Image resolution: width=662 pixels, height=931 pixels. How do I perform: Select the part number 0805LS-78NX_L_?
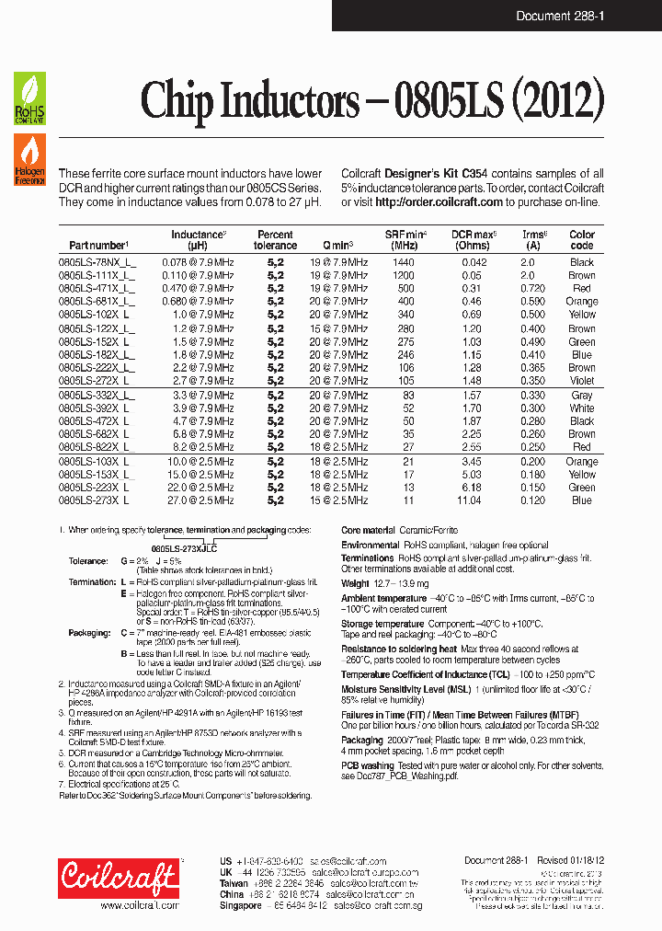click(x=97, y=262)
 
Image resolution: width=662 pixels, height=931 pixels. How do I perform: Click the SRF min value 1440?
click(x=404, y=262)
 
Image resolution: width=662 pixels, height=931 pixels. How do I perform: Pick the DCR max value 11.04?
click(x=469, y=500)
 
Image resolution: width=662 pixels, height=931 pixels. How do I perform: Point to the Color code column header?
click(x=581, y=240)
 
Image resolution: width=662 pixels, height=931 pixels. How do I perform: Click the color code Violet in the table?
click(x=581, y=381)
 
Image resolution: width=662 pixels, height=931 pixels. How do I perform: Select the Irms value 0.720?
click(x=532, y=288)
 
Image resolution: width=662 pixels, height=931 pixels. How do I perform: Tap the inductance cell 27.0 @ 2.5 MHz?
click(x=197, y=500)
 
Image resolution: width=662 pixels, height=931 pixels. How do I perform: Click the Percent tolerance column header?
click(x=275, y=240)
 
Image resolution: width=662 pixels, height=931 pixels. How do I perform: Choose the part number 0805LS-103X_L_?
click(x=97, y=462)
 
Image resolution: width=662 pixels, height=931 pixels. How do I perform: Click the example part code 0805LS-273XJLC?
click(x=184, y=547)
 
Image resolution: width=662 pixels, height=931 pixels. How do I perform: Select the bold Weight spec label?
click(x=355, y=583)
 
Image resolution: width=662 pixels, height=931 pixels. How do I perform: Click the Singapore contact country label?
click(x=241, y=905)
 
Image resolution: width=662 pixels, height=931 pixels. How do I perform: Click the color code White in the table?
click(x=581, y=408)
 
